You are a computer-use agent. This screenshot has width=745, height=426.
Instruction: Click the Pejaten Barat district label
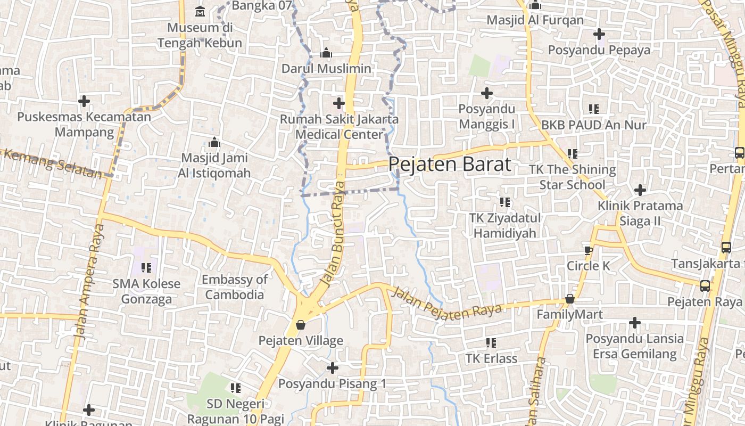point(450,164)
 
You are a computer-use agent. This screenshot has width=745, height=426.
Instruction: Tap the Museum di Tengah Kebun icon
point(200,11)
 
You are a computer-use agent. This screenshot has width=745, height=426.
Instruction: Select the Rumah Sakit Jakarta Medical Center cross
point(339,103)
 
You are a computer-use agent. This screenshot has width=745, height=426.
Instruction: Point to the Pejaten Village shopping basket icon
point(301,324)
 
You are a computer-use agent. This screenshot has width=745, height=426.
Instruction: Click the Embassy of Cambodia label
point(235,287)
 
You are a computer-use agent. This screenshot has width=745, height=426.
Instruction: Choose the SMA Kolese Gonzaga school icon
point(146,267)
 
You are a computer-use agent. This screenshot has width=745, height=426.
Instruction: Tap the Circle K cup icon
point(588,250)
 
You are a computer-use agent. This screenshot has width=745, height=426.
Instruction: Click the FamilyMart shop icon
point(570,299)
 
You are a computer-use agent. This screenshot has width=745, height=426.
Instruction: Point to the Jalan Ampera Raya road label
point(89,282)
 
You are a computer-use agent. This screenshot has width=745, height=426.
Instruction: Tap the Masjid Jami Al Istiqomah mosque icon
point(215,142)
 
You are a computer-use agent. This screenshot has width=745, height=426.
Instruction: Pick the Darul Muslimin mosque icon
point(326,53)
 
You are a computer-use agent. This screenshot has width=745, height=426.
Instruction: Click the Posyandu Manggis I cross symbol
point(486,93)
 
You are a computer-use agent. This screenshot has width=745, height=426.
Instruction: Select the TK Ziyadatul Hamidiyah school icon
point(504,202)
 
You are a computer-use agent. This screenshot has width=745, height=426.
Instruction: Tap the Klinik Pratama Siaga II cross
point(640,190)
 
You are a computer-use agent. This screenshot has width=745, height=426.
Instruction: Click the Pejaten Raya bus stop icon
point(705,286)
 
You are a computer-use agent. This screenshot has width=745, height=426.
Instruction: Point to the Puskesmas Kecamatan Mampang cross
point(84,101)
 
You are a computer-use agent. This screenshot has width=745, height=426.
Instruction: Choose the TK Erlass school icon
point(491,342)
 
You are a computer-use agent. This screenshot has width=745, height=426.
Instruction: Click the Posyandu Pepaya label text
point(599,50)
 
